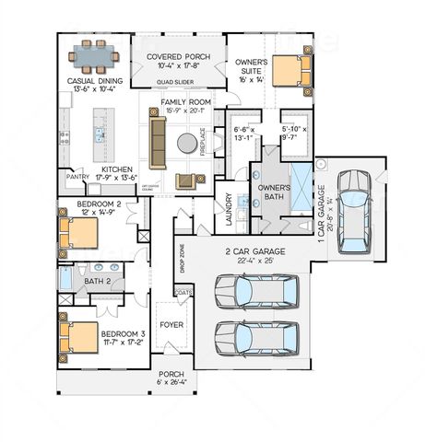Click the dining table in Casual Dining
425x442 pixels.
pyautogui.click(x=97, y=57)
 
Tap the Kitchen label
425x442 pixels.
pyautogui.click(x=117, y=169)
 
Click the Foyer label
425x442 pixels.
pyautogui.click(x=171, y=324)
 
